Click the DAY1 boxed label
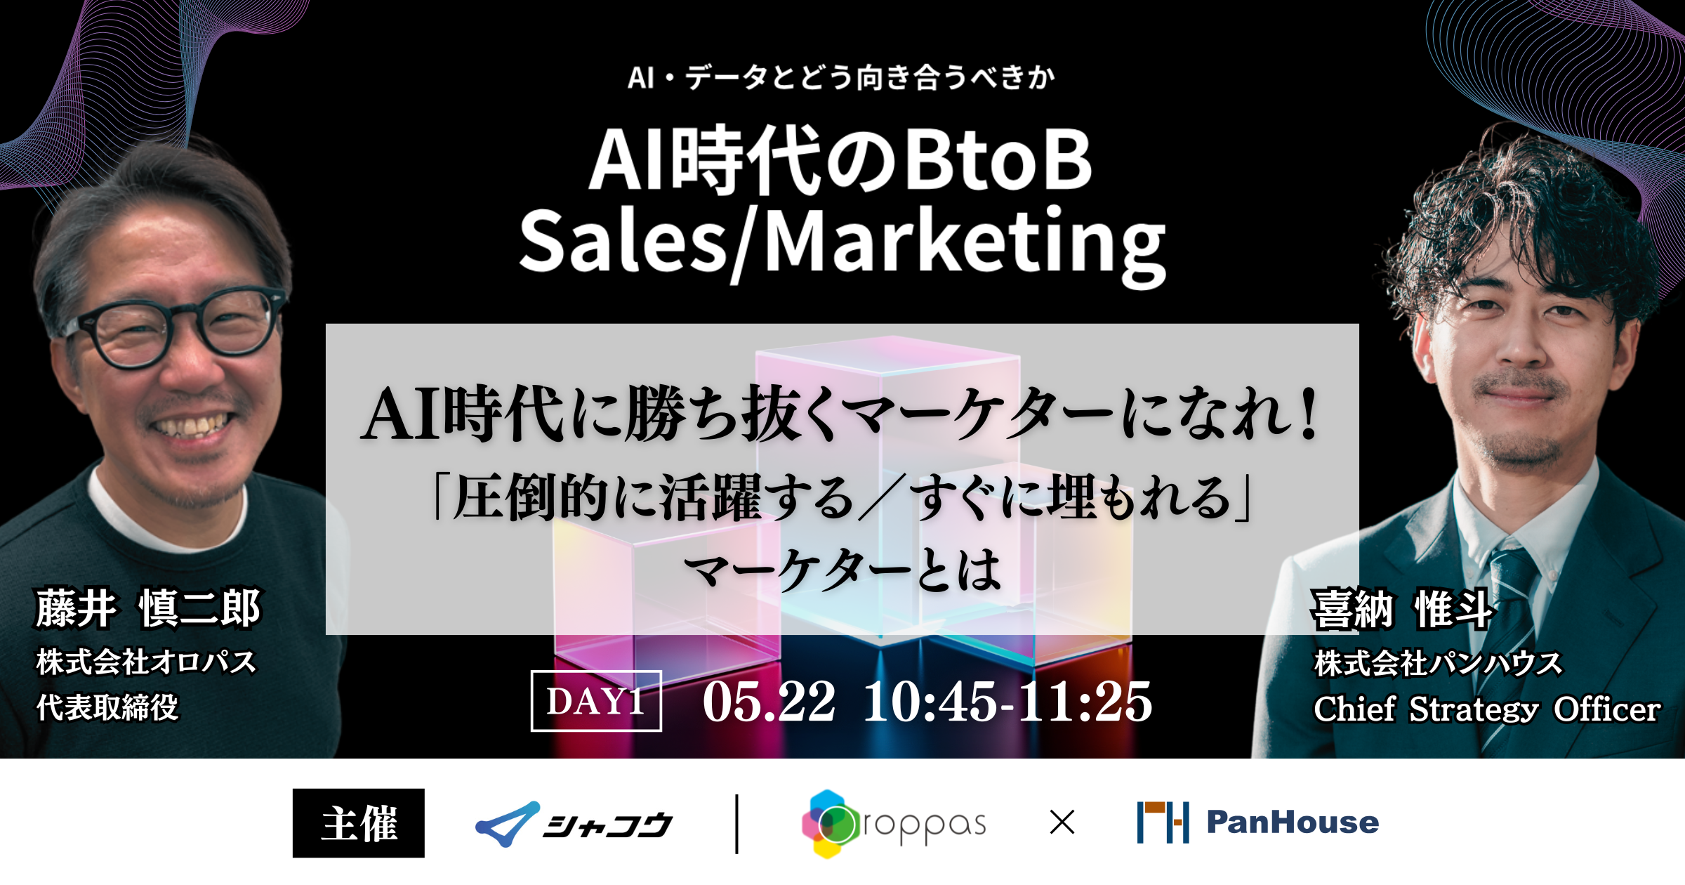[x=596, y=701]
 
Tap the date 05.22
[x=769, y=702]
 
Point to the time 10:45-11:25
[x=1007, y=702]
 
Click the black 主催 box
[x=359, y=823]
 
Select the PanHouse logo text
[x=1293, y=822]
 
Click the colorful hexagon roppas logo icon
[x=830, y=824]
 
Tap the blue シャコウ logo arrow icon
[x=507, y=824]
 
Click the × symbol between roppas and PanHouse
[x=1062, y=822]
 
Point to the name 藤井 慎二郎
[x=148, y=608]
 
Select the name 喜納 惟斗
[x=1402, y=609]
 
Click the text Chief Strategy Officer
[x=1487, y=709]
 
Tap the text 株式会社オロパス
[x=146, y=662]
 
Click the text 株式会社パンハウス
[x=1438, y=663]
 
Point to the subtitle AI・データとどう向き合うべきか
[x=841, y=77]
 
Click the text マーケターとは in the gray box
[x=842, y=569]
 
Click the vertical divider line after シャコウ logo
[x=736, y=824]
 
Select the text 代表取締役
[x=107, y=707]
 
